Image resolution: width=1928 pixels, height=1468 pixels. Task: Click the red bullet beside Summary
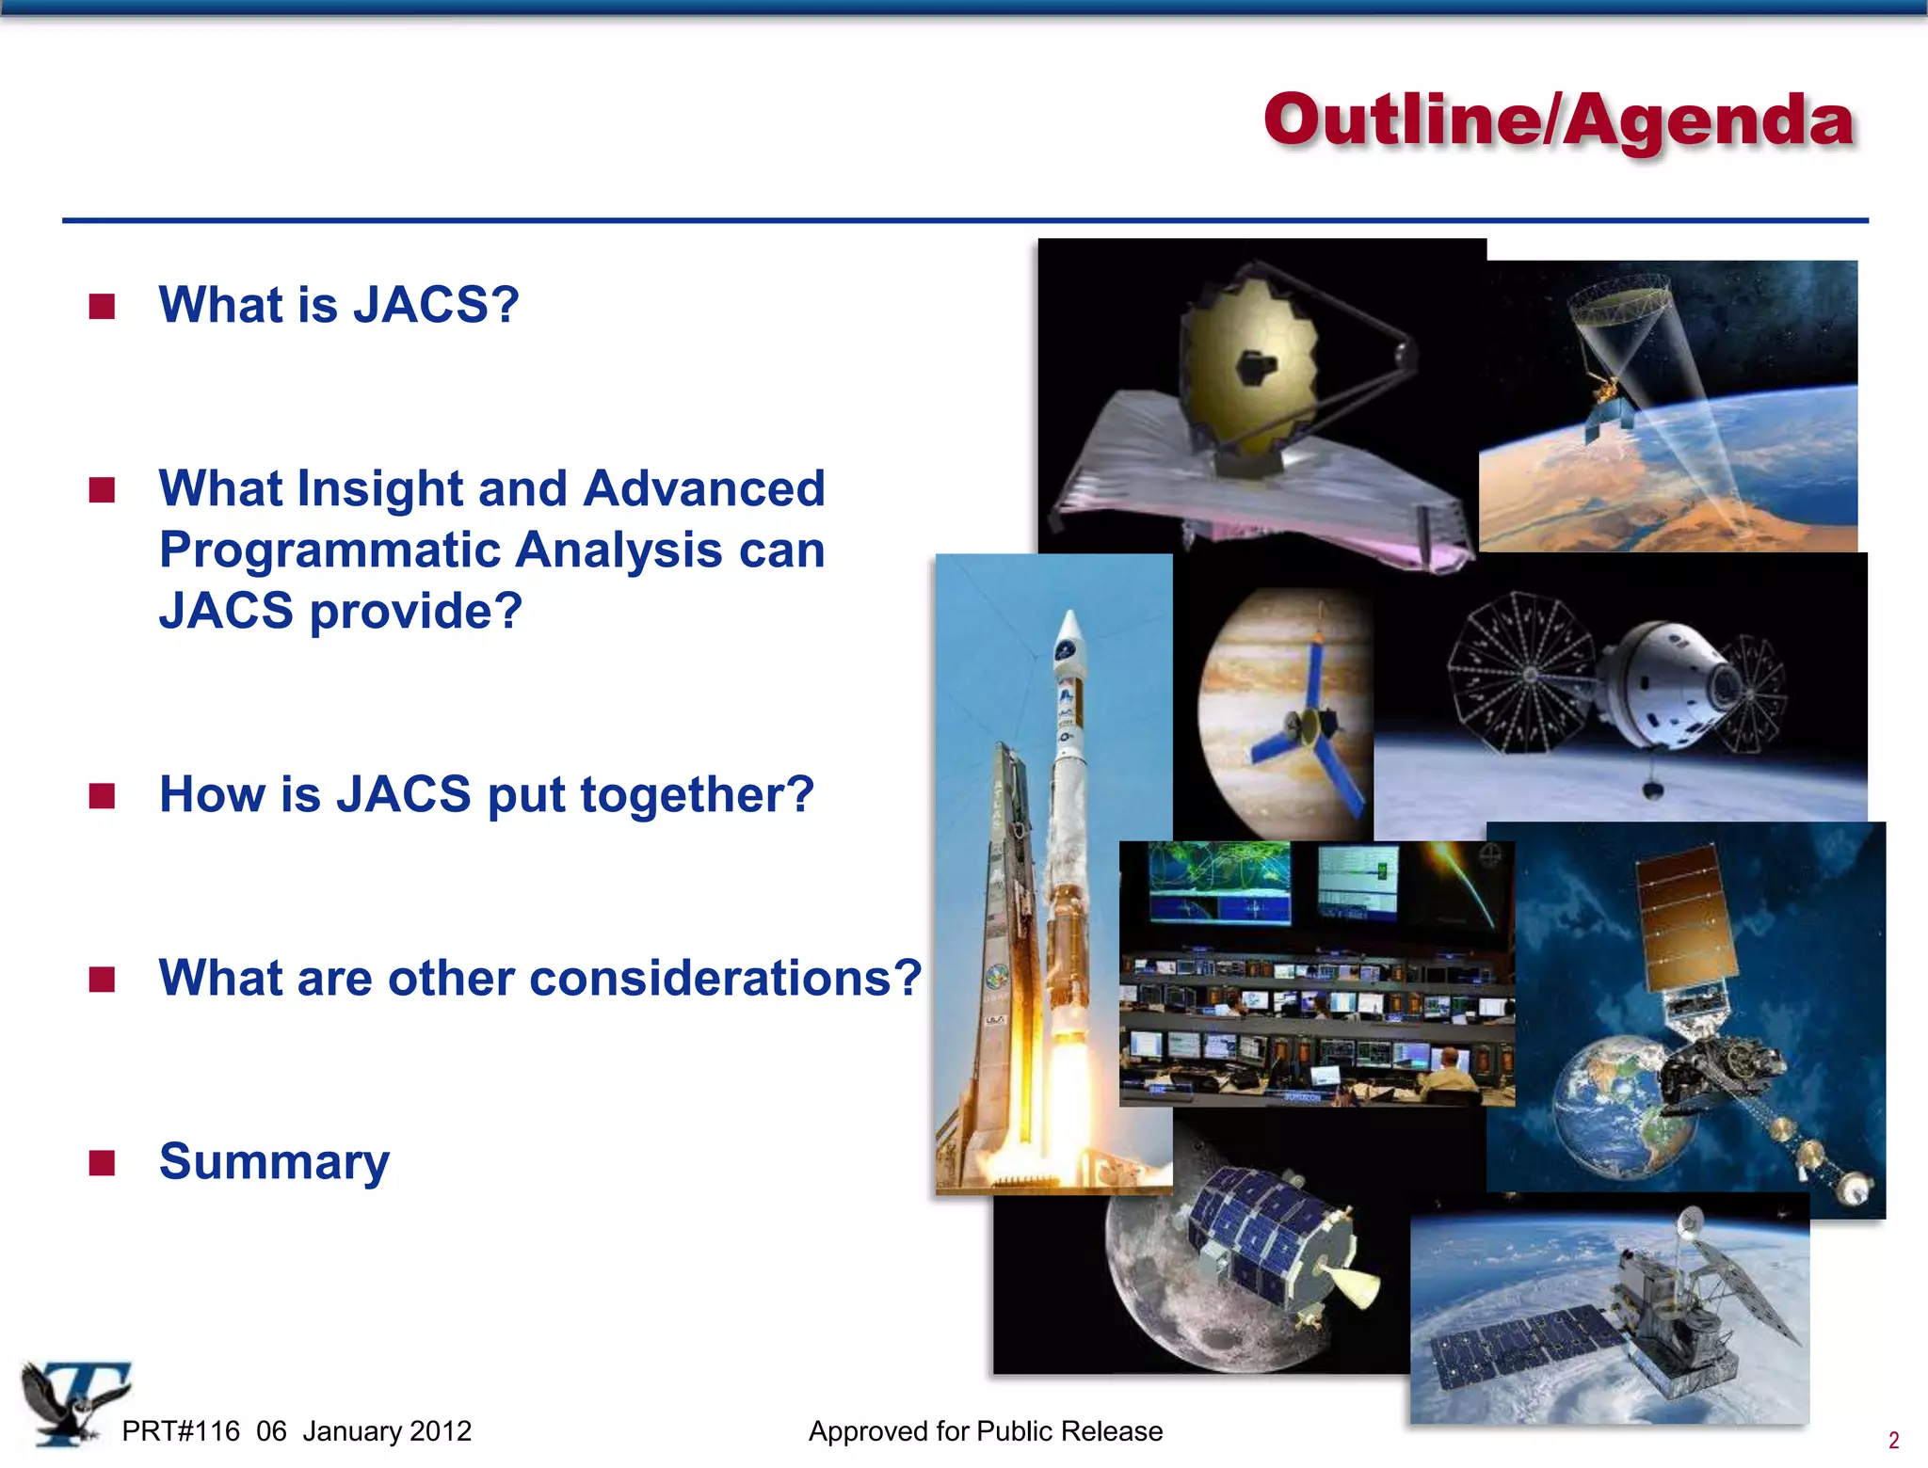[x=102, y=1163]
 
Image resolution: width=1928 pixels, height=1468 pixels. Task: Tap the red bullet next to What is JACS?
[x=102, y=307]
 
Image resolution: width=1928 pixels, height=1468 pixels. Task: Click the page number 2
[x=1893, y=1440]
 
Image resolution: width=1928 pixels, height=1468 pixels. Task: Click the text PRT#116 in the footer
[x=181, y=1431]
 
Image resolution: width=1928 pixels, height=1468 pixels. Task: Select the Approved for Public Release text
[x=986, y=1431]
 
